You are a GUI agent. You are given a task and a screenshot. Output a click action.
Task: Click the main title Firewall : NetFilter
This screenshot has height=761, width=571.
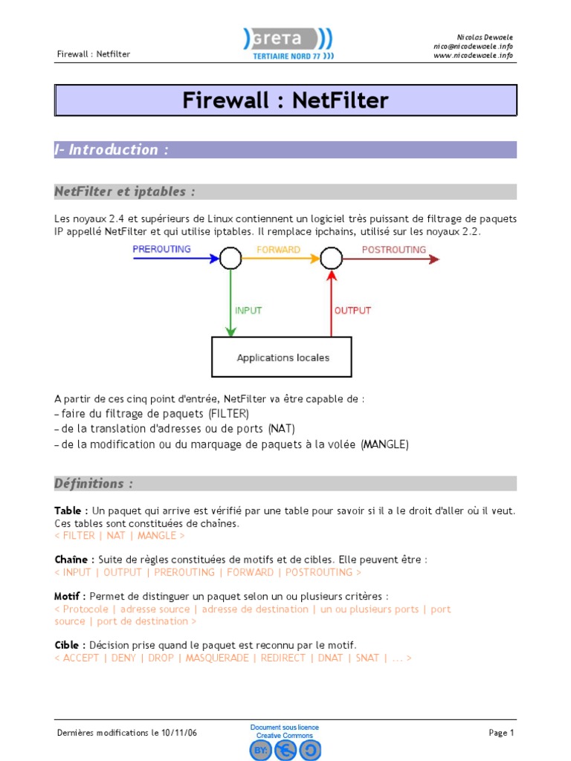285,100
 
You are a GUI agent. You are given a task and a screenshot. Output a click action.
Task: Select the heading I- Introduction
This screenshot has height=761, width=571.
112,149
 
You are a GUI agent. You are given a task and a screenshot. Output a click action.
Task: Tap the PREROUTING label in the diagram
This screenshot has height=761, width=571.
161,249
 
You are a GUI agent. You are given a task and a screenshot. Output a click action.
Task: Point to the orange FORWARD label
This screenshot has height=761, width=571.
278,250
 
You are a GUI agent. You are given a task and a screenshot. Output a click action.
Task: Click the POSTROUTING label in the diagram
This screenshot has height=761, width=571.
393,250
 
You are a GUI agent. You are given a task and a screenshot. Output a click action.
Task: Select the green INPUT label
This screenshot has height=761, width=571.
248,310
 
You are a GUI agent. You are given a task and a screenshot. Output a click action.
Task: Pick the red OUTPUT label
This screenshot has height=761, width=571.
352,310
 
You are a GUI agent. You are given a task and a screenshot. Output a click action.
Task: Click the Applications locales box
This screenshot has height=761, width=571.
283,357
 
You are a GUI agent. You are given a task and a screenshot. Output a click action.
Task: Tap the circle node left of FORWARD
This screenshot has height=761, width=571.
230,259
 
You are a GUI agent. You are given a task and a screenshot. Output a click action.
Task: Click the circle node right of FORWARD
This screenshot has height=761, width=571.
331,259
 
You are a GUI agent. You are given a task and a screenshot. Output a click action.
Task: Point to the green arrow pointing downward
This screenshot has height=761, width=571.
230,305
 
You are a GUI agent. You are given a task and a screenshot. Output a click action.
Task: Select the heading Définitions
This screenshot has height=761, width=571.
94,483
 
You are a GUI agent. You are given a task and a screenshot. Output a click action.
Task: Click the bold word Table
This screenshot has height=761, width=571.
68,511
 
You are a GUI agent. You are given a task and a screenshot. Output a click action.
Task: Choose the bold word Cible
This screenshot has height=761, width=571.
68,645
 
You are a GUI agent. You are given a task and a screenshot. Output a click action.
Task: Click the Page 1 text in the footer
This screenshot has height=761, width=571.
501,733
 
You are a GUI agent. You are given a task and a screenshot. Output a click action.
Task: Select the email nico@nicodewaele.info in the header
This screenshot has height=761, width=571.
473,46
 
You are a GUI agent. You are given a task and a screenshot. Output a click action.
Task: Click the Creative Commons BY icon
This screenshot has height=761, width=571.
260,751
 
